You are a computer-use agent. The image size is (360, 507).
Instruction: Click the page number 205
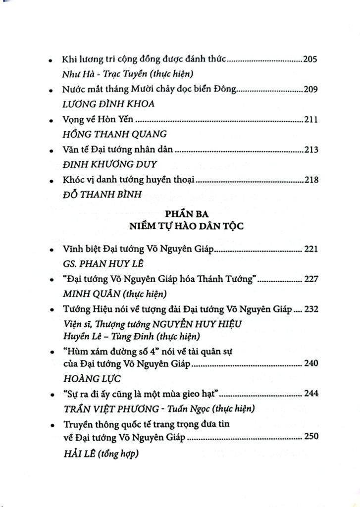point(313,60)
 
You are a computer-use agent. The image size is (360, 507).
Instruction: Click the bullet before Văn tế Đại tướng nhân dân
point(52,151)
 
